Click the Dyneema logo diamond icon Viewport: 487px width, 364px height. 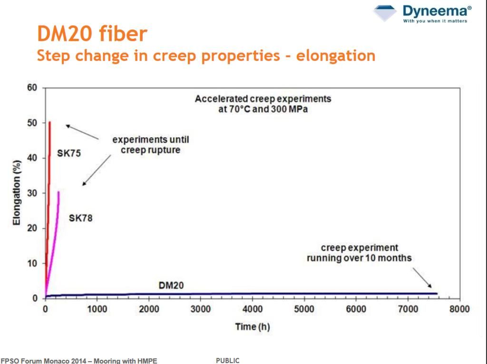385,13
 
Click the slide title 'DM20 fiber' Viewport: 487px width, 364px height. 92,34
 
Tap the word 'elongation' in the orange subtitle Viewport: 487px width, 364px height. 335,56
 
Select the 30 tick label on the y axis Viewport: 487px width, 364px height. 32,193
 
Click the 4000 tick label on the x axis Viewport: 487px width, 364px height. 252,309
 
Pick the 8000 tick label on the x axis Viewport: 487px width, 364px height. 459,309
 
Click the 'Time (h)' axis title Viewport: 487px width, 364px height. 252,327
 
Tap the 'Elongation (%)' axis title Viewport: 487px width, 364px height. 17,192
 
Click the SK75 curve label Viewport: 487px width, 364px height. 68,153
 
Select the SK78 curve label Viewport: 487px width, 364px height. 80,218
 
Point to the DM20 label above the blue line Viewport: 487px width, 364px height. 171,285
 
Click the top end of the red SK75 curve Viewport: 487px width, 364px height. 49,122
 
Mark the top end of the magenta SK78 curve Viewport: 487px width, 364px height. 58,192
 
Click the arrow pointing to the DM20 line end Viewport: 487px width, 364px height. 422,278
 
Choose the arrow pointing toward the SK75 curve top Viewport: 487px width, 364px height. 82,132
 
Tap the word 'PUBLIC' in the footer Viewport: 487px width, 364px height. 228,361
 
